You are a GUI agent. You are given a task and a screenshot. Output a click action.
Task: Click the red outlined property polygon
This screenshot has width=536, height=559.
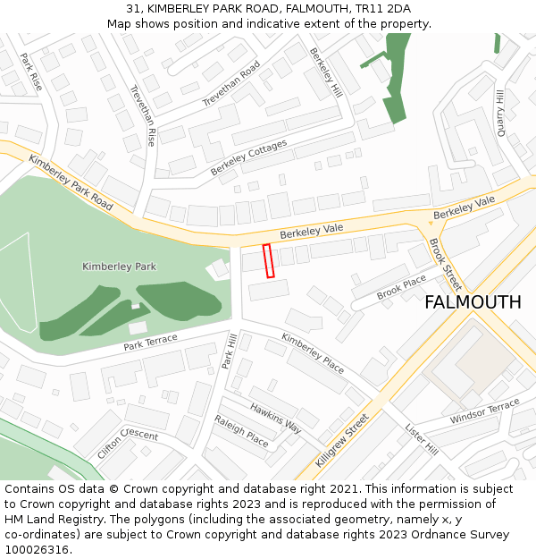tap(268, 260)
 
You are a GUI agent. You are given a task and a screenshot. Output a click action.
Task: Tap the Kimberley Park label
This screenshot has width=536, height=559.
tap(119, 267)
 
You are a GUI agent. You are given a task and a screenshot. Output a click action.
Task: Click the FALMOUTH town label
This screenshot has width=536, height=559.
tap(473, 302)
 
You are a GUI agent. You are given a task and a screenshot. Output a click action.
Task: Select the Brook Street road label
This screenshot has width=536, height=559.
tap(443, 264)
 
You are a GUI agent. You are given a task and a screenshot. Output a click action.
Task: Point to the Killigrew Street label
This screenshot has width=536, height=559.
tap(342, 440)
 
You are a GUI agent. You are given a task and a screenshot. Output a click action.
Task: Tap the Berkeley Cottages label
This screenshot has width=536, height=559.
tap(249, 157)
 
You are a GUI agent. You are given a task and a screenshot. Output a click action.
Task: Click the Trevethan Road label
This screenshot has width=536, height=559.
tap(230, 83)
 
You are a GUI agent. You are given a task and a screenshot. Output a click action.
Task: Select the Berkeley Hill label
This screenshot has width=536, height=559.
tap(325, 72)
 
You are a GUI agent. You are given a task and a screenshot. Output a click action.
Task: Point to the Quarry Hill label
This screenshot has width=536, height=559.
tap(499, 112)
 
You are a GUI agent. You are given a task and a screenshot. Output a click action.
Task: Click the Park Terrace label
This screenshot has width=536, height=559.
tap(150, 342)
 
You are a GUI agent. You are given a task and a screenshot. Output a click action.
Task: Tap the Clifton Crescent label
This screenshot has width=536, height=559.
tap(128, 444)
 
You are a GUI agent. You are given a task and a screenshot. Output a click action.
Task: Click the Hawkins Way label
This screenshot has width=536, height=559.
tap(275, 418)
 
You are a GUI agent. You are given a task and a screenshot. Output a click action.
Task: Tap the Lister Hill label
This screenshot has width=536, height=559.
tap(421, 438)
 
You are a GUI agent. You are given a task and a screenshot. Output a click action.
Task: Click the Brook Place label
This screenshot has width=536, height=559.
tap(401, 288)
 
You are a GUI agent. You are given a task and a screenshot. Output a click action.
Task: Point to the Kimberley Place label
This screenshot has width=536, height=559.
tap(313, 352)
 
